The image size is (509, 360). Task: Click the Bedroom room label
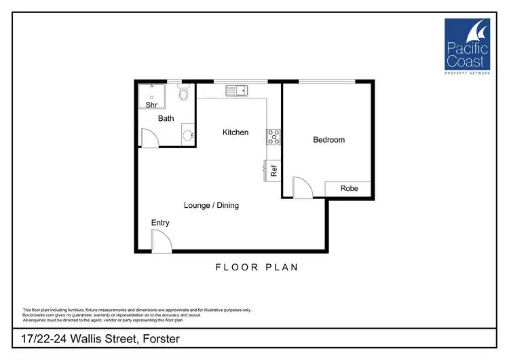(x=328, y=140)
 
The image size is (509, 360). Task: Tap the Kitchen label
(x=235, y=132)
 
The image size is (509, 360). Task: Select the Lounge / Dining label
(x=211, y=205)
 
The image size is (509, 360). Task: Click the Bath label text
(x=166, y=118)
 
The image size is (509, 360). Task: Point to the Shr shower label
(x=151, y=105)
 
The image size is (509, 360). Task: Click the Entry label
(x=160, y=223)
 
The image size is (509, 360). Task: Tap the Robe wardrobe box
(x=349, y=188)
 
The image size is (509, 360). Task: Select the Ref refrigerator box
(x=274, y=172)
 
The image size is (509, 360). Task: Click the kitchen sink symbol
(x=237, y=90)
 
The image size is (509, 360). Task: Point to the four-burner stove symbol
(x=274, y=137)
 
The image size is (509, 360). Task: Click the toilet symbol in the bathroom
(x=182, y=94)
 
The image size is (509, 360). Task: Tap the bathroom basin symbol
(x=187, y=136)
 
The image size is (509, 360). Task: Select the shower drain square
(x=151, y=97)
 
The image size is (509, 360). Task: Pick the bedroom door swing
(x=302, y=187)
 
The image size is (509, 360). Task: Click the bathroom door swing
(x=149, y=138)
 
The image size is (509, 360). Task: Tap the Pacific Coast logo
(x=468, y=45)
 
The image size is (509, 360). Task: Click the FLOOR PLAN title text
(x=257, y=268)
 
